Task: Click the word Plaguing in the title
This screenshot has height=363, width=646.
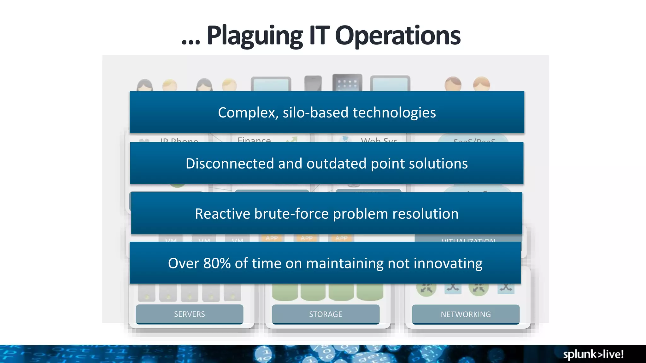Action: pyautogui.click(x=255, y=36)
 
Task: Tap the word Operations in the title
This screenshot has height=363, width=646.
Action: pyautogui.click(x=397, y=36)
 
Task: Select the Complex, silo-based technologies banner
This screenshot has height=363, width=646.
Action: pyautogui.click(x=327, y=112)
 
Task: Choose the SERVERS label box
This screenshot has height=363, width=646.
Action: pyautogui.click(x=189, y=314)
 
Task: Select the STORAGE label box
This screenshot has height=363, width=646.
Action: pyautogui.click(x=326, y=314)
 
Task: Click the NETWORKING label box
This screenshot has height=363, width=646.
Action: pyautogui.click(x=466, y=314)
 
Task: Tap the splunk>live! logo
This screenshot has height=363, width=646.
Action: pyautogui.click(x=593, y=354)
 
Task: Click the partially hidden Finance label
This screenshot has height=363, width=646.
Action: pyautogui.click(x=254, y=140)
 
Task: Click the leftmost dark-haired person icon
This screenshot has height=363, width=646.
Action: pyautogui.click(x=145, y=85)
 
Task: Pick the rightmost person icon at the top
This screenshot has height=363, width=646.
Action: pyautogui.click(x=481, y=84)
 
